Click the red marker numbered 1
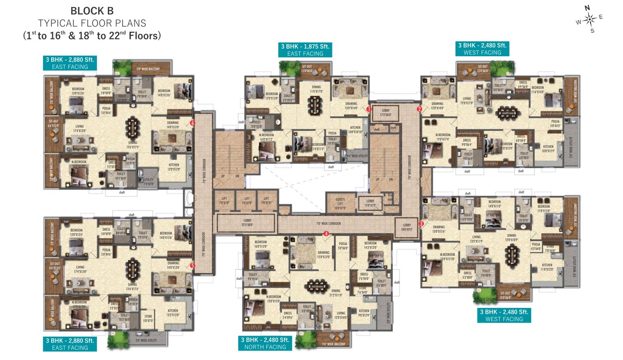tap(369, 109)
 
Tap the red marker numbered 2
tap(420, 109)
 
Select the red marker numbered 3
tap(421, 224)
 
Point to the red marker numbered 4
tap(326, 233)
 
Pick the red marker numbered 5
tap(193, 266)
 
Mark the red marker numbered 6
tap(193, 123)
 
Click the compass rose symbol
tap(590, 19)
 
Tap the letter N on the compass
tap(586, 7)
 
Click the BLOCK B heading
tap(92, 10)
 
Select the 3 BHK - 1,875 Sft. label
tap(305, 46)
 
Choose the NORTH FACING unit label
tap(265, 347)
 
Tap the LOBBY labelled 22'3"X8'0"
tap(247, 222)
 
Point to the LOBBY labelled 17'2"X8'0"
tap(385, 113)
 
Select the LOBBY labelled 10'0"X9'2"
tap(406, 227)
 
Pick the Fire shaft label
tap(390, 197)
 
